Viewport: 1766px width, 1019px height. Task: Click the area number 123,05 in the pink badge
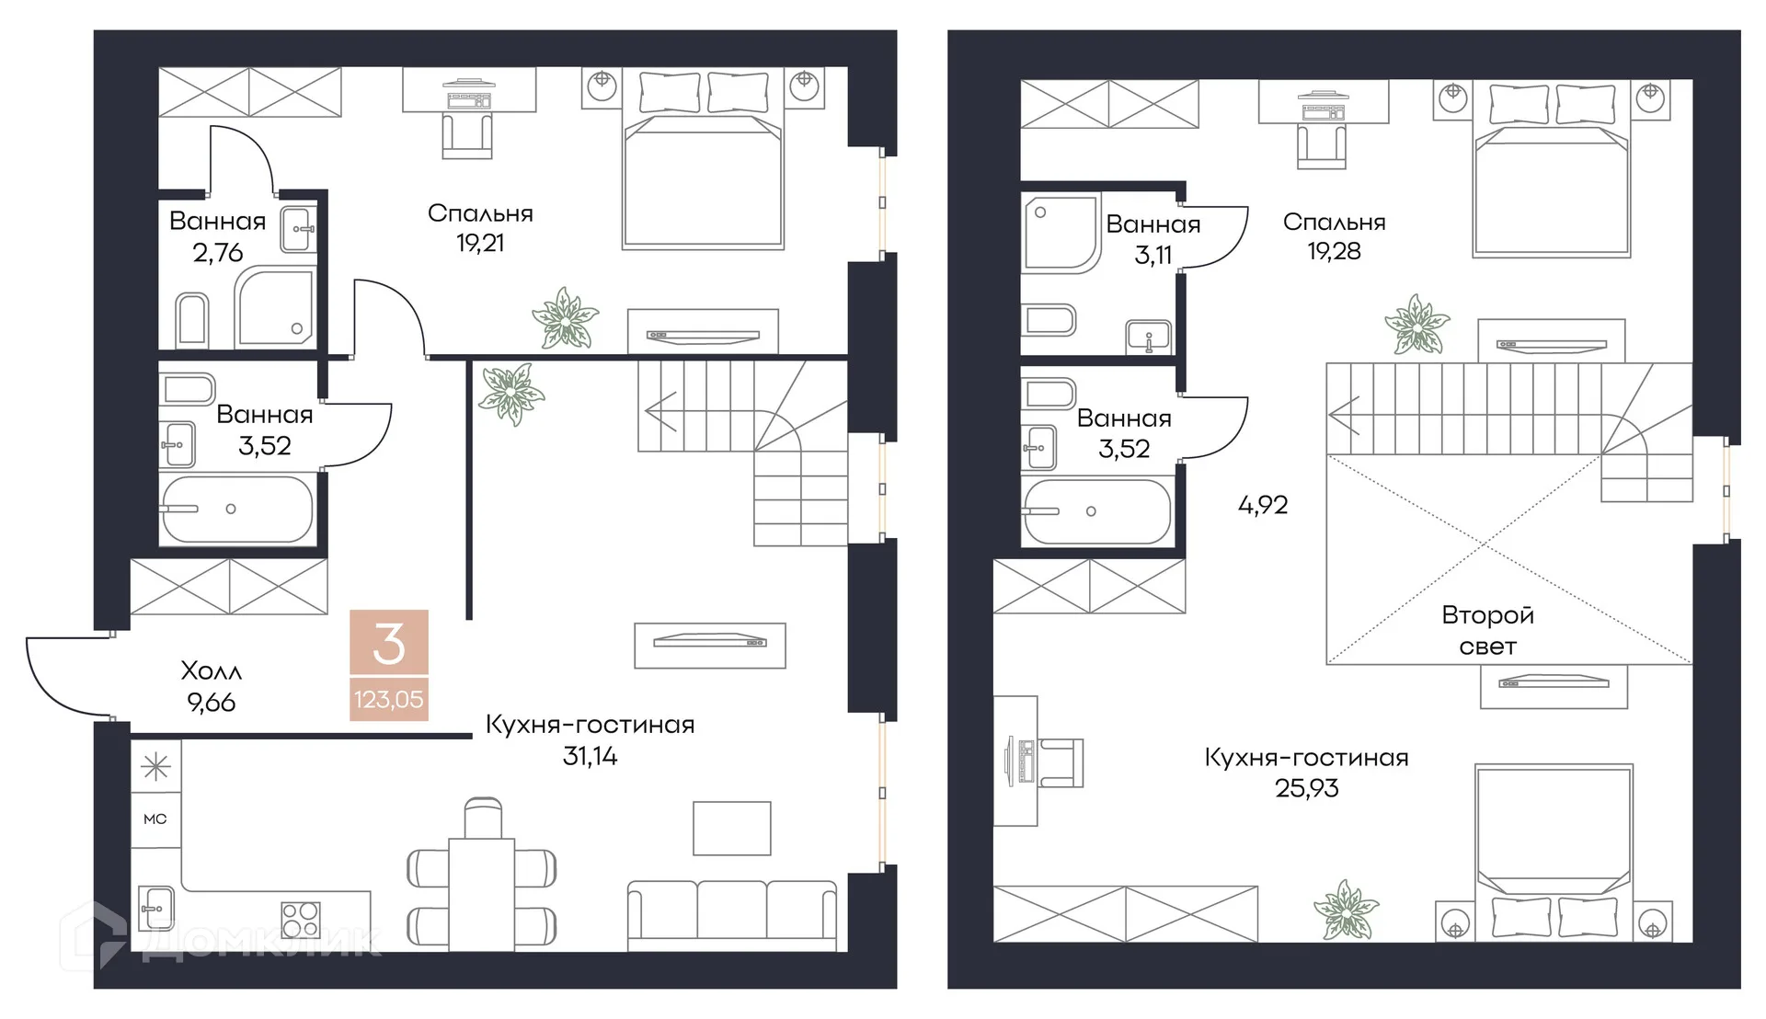tap(389, 700)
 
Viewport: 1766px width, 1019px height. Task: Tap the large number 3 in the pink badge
tap(389, 644)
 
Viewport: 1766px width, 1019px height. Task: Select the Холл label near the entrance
tap(212, 670)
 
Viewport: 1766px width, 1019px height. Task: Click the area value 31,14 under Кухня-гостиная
tap(590, 756)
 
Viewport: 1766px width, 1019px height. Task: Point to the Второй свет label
tap(1487, 630)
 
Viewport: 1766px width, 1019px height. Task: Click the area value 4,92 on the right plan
tap(1263, 505)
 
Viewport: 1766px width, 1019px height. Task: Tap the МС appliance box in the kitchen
tap(155, 819)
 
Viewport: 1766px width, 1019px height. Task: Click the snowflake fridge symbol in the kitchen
tap(155, 766)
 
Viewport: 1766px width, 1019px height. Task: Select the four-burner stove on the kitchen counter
tap(301, 918)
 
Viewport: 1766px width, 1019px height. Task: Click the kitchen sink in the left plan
tap(155, 909)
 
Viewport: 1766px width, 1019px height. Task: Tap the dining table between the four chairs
tap(481, 894)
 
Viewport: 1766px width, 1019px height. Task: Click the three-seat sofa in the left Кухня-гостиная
tap(732, 916)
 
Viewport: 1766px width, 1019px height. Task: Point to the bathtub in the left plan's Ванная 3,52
tap(237, 509)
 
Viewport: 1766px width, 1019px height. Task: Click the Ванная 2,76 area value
tap(218, 253)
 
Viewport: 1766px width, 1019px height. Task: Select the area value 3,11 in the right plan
tap(1153, 256)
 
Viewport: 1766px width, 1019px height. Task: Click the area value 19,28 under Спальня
tap(1334, 251)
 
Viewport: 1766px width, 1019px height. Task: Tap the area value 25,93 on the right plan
tap(1307, 788)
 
